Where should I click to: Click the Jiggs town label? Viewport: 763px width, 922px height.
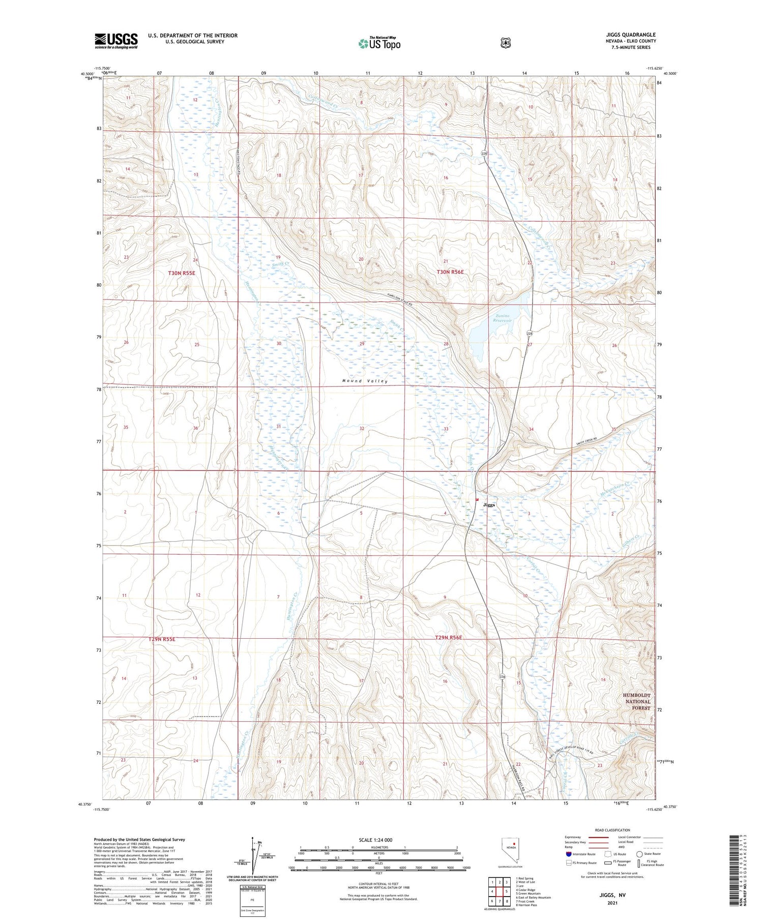[x=489, y=504]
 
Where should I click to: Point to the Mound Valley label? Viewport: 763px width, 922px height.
[x=365, y=381]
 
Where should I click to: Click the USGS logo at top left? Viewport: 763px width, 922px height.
[x=116, y=41]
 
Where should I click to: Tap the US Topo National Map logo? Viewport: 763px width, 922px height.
[x=379, y=44]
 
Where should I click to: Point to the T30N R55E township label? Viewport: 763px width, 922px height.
[x=182, y=273]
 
